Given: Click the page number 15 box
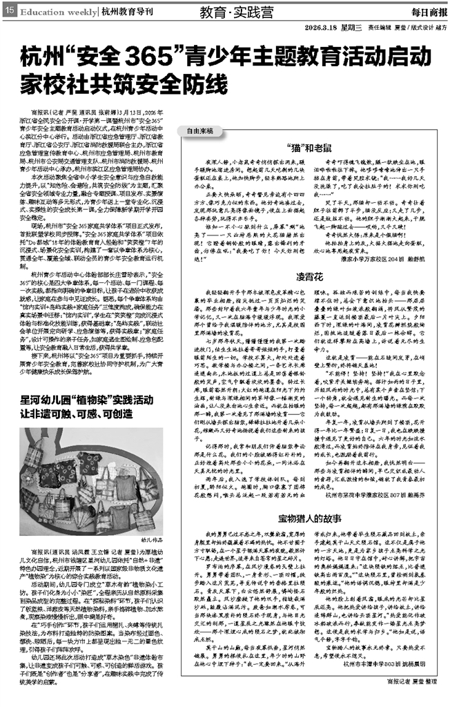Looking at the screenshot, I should (9, 11).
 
